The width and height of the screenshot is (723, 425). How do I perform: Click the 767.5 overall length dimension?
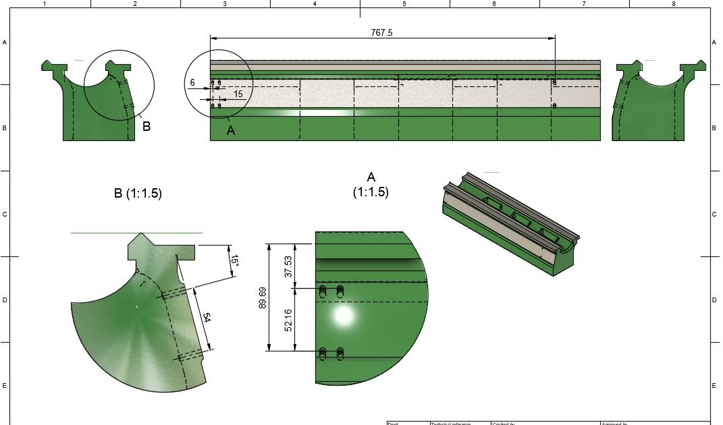click(381, 32)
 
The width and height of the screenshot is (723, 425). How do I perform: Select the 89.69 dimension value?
click(263, 297)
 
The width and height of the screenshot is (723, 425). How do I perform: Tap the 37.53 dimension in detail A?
click(289, 266)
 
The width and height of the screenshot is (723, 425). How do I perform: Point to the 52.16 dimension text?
click(289, 320)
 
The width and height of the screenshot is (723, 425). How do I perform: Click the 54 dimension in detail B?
click(207, 318)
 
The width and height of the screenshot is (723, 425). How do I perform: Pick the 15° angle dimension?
click(234, 264)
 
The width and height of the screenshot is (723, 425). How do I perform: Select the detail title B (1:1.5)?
click(138, 194)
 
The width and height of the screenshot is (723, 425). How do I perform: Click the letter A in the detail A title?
click(371, 177)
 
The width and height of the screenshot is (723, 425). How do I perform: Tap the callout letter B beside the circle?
click(146, 126)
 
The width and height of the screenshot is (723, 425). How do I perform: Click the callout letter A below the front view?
click(231, 131)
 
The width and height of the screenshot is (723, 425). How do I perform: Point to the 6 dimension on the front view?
click(192, 83)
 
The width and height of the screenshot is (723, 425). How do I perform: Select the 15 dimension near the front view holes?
click(238, 94)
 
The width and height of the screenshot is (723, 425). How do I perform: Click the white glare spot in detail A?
click(343, 316)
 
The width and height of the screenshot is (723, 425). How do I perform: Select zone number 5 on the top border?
click(404, 4)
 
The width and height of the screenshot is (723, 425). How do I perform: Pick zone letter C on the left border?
click(5, 215)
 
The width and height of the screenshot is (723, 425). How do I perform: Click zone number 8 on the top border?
click(673, 4)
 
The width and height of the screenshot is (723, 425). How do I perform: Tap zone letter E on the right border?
click(714, 386)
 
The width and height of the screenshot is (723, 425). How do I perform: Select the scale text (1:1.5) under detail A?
click(371, 192)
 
